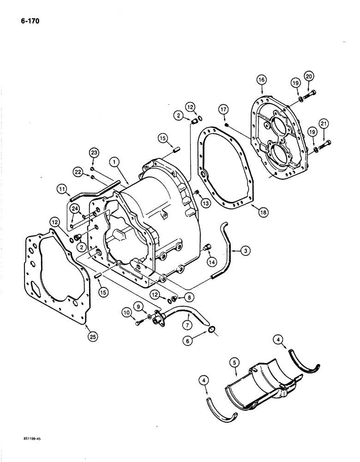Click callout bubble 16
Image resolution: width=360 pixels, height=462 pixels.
pos(261,80)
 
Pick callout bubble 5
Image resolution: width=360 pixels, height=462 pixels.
pos(235,364)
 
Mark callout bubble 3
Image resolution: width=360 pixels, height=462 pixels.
pos(246,250)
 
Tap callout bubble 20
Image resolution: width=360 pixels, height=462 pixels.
pos(308,76)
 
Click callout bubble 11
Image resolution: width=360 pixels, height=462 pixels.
pos(62,188)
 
